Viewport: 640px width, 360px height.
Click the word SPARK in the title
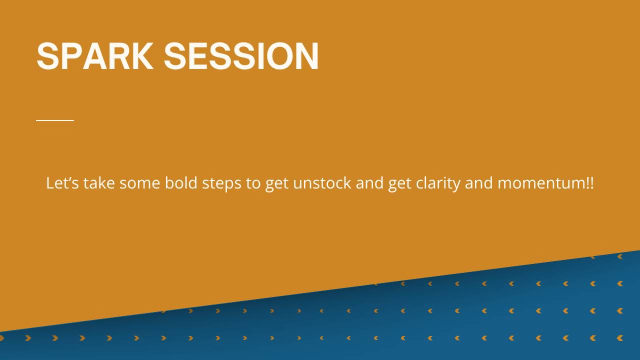95,55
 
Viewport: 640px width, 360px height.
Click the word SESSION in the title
241,55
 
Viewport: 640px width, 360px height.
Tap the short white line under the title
55,120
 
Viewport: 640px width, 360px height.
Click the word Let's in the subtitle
62,182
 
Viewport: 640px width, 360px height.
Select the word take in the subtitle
99,182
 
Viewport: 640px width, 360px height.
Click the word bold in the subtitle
181,182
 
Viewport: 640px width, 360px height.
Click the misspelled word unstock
322,182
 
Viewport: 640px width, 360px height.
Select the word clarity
438,183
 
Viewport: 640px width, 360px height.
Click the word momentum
541,183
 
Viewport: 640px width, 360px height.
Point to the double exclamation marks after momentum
589,183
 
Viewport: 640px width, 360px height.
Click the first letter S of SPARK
47,55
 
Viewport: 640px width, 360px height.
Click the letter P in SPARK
71,55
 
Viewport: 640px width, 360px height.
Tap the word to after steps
253,183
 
